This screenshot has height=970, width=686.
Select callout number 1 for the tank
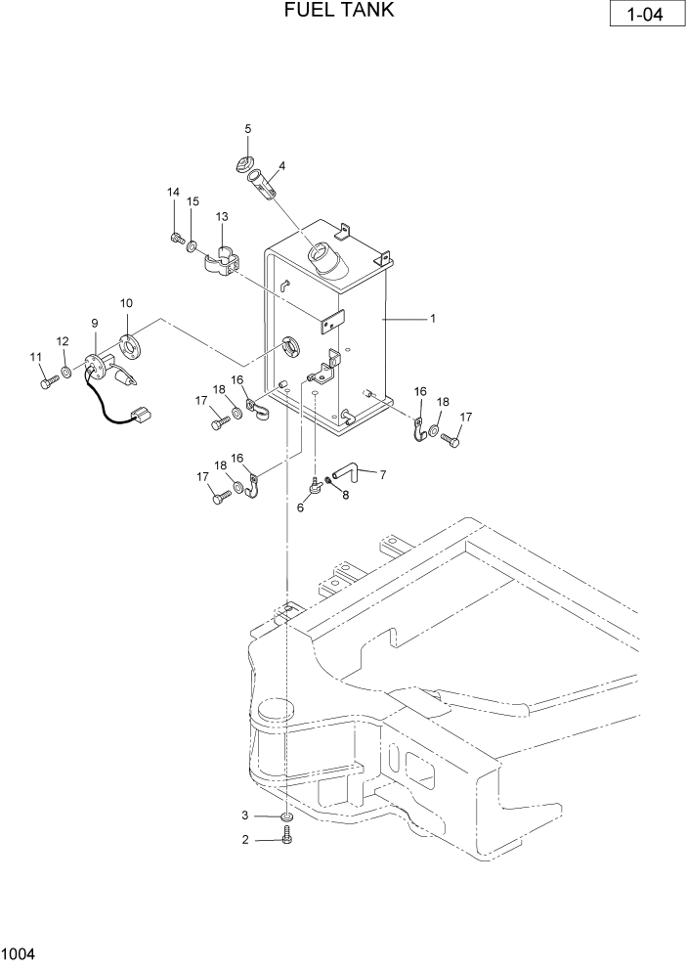point(433,319)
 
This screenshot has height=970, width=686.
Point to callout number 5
point(247,129)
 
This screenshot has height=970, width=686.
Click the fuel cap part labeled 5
point(246,164)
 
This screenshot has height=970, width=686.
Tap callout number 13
point(222,216)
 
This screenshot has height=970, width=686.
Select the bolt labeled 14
point(176,238)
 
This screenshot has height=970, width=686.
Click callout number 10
point(126,303)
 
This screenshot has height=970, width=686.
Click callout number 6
point(301,507)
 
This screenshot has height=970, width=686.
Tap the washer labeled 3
point(286,816)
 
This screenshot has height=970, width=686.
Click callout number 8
point(345,495)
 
